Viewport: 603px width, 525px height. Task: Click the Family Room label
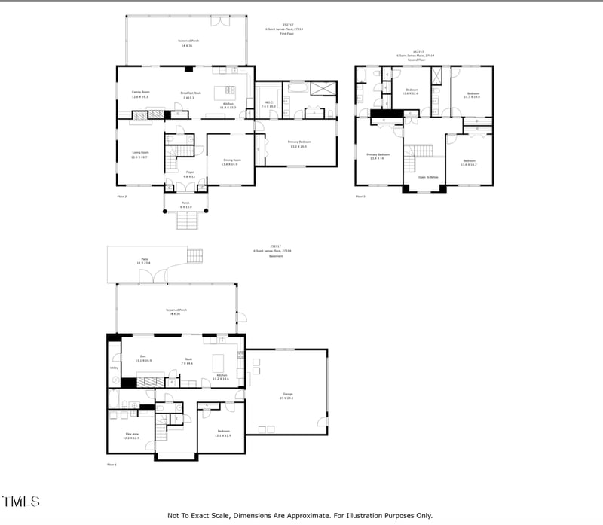point(140,93)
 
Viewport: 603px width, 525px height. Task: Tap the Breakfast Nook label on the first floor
point(188,93)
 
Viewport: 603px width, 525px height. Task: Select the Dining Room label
point(231,160)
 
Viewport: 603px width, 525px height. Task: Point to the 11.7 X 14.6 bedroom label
point(472,94)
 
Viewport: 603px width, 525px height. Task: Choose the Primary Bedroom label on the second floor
point(378,155)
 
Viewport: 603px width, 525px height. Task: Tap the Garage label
point(287,395)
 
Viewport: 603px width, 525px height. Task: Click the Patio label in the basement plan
point(144,261)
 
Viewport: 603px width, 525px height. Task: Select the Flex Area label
point(132,435)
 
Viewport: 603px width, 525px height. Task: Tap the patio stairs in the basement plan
point(195,255)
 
